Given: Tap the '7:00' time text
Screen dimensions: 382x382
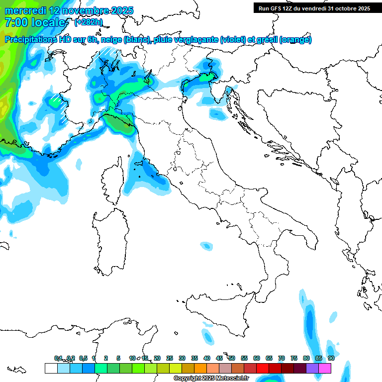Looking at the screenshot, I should pyautogui.click(x=15, y=22).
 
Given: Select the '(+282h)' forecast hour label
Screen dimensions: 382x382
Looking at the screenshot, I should pyautogui.click(x=89, y=22).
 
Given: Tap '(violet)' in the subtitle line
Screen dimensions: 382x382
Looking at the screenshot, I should pyautogui.click(x=233, y=40).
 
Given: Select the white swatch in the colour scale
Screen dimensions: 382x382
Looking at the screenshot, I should pyautogui.click(x=51, y=368).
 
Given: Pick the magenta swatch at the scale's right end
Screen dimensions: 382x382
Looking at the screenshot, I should pyautogui.click(x=325, y=368).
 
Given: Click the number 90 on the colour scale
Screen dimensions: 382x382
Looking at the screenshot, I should pyautogui.click(x=331, y=358).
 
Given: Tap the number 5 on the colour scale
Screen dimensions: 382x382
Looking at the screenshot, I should pyautogui.click(x=118, y=358).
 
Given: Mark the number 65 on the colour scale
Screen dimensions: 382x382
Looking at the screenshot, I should pyautogui.click(x=269, y=358).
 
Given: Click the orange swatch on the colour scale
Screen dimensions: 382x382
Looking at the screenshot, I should pyautogui.click(x=200, y=368).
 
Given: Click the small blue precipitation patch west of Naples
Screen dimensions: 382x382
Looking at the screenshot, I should pyautogui.click(x=205, y=245).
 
